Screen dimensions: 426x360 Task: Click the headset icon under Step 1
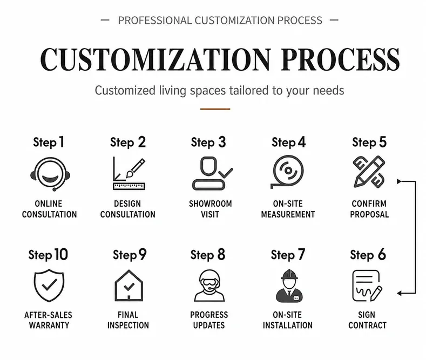tap(50, 174)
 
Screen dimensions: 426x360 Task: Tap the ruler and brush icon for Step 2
tap(129, 173)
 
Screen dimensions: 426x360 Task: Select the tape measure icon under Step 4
tap(287, 172)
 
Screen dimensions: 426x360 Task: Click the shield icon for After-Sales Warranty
tap(49, 286)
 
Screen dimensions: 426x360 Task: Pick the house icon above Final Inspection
tap(129, 286)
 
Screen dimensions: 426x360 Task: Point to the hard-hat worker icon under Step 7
tap(289, 286)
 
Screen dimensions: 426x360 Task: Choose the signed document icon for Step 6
tap(367, 286)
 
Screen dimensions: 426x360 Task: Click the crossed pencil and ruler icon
tap(369, 172)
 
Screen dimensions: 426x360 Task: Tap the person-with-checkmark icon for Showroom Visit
tap(212, 173)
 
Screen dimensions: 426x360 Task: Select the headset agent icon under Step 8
tap(209, 286)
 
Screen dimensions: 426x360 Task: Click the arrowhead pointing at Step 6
tap(400, 293)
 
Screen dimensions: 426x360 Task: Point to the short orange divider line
tap(215, 109)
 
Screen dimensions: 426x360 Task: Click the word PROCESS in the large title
tap(340, 59)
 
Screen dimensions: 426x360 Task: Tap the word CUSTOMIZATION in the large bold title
tap(156, 59)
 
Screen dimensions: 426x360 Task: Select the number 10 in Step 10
tap(61, 255)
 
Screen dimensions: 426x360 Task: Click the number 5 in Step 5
tap(383, 142)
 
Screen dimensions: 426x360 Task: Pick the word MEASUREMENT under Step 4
tap(288, 214)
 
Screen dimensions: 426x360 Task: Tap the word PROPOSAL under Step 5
tap(369, 214)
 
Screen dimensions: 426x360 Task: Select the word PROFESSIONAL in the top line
tap(155, 21)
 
